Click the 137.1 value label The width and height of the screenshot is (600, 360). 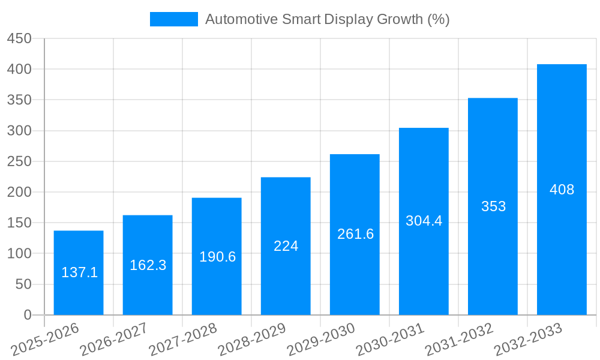coord(79,272)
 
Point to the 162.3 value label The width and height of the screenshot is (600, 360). coord(148,265)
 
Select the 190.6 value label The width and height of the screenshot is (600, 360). coord(217,257)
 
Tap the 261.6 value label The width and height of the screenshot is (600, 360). coord(355,234)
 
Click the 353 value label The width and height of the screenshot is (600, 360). coord(493,206)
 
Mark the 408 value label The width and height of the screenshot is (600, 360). coord(562,190)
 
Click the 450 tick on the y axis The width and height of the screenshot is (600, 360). coord(19,38)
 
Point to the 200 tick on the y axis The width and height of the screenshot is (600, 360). coord(19,192)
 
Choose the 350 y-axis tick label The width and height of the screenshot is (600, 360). coord(19,100)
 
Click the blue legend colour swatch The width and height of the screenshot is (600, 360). coord(173,19)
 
